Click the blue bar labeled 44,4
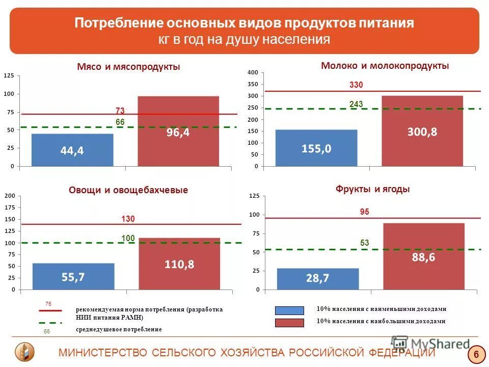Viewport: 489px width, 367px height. tap(72, 150)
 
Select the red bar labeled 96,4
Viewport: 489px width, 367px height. tap(178, 132)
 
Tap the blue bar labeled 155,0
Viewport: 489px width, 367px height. tap(316, 148)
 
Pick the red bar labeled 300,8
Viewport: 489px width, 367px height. tap(422, 131)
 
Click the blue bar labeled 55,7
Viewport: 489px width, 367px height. tap(73, 276)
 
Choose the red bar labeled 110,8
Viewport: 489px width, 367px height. tap(179, 264)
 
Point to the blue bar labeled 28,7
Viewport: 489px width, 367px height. tap(318, 278)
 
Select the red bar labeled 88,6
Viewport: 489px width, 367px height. tap(424, 257)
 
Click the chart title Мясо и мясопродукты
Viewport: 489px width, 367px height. tap(129, 67)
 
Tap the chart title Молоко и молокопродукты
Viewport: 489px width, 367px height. tap(385, 66)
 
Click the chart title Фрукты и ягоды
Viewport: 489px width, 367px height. tap(373, 189)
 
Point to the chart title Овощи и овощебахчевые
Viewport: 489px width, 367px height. tap(128, 190)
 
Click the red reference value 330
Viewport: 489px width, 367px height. tap(356, 85)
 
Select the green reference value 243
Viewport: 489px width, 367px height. tap(356, 104)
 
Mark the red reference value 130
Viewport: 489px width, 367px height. tap(128, 219)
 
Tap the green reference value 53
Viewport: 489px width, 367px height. tap(364, 243)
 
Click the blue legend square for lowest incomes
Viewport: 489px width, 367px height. tap(289, 310)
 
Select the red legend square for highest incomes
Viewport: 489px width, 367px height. tap(289, 323)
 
